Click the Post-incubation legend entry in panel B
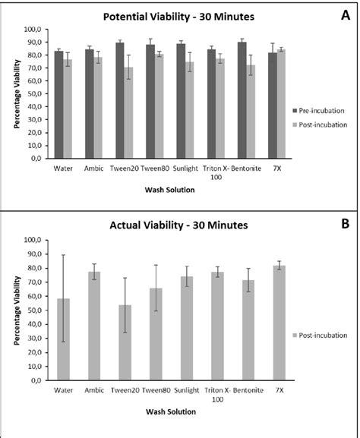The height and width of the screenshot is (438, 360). coord(321,335)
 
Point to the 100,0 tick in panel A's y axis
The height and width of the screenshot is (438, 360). coord(33,30)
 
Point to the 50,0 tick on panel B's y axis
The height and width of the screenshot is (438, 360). coord(34,310)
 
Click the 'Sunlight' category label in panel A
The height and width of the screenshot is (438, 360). coord(185,169)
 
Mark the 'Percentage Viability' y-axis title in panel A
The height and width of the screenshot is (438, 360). coord(16,96)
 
